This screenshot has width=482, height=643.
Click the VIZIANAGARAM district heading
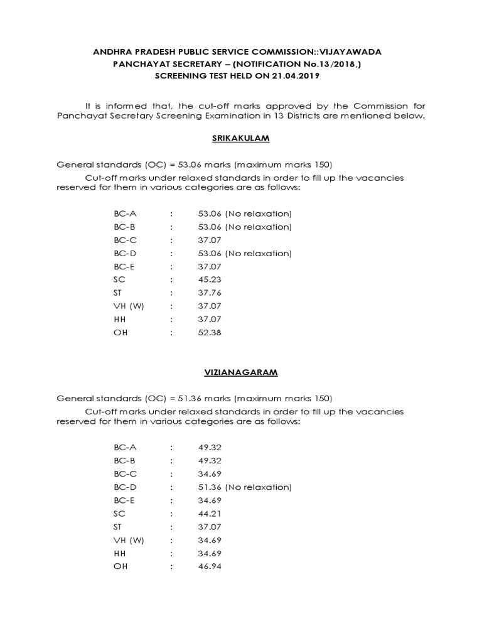[x=240, y=372]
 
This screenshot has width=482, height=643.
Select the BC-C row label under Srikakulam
[x=125, y=240]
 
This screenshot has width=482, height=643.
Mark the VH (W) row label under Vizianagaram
[x=129, y=540]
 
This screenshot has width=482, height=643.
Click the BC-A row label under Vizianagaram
[x=125, y=448]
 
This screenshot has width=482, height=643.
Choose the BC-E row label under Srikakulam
[x=125, y=267]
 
